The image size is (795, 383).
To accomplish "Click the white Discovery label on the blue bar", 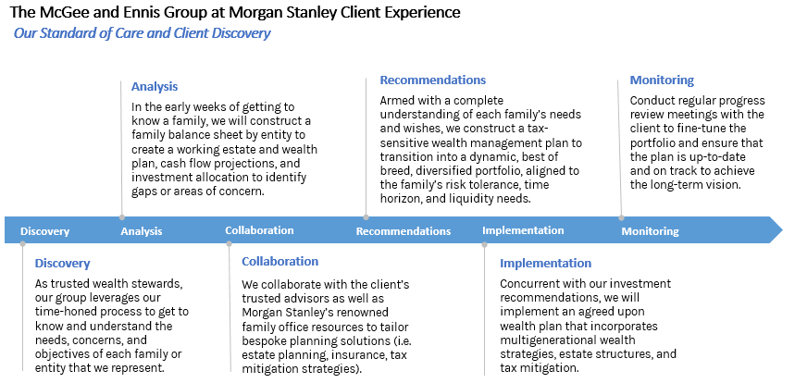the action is coord(44,231).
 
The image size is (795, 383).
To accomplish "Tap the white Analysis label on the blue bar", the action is coord(142,231).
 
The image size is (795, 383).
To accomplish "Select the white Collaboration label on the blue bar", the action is coord(259,230).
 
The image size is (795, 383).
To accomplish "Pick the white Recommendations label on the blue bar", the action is coord(404,231).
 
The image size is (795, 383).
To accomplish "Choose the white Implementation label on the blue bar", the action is coord(523,230).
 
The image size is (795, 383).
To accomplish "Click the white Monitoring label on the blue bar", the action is coord(650,231).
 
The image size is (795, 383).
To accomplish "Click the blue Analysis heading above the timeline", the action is coord(155,87).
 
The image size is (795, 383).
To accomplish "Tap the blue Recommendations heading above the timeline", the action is coord(433,80).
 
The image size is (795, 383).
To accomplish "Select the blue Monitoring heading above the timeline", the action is coord(662,80).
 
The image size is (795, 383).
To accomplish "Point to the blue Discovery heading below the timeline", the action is coord(62,264).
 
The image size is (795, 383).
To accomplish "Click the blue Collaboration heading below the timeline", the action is coord(279,262).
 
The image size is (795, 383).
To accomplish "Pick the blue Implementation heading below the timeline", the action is coord(545,264).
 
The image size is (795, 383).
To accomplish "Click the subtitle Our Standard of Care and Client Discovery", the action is coord(142,33).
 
